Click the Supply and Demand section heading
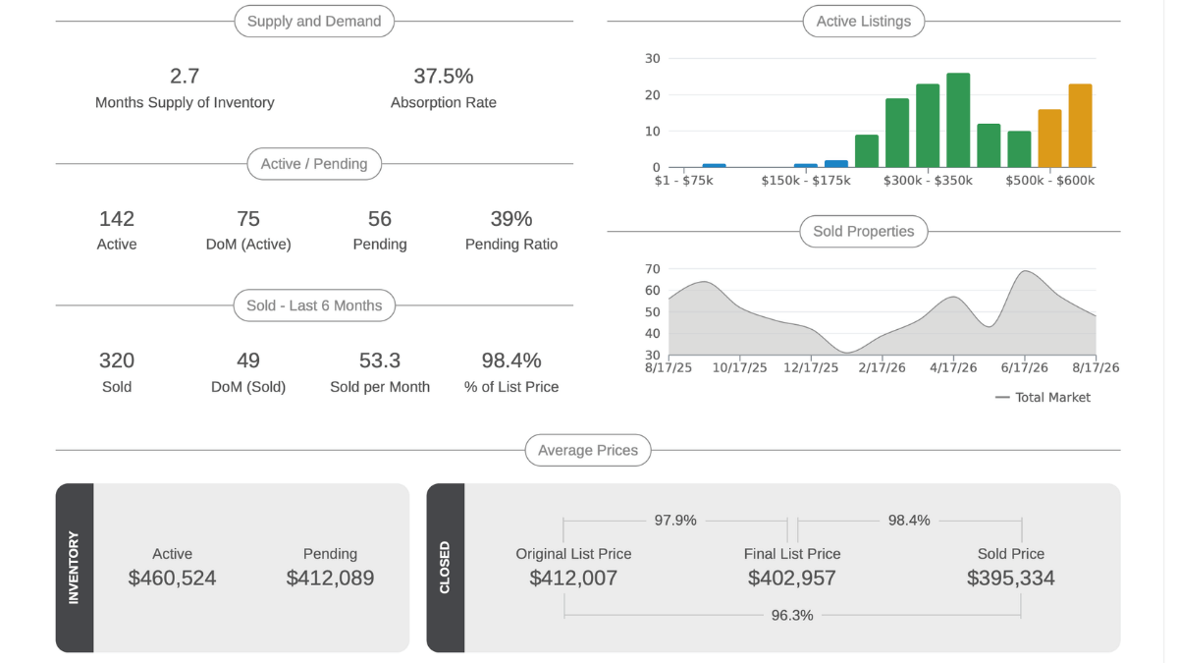pos(314,21)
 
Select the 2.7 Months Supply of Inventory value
pos(185,77)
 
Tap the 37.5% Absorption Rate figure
pos(444,77)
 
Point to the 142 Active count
pos(117,219)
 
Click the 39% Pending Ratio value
pos(511,219)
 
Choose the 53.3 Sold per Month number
pos(380,361)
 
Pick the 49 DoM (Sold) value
pos(248,361)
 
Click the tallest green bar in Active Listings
pos(958,121)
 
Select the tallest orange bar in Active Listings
pos(1080,126)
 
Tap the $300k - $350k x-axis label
pos(928,181)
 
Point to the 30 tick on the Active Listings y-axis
pos(652,58)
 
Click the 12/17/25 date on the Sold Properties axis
pos(811,367)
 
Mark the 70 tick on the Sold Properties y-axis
pos(652,269)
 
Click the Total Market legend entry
pos(1043,397)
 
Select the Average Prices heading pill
pos(588,451)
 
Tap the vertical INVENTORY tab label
pos(74,568)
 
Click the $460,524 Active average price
pos(172,579)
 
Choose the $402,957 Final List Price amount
pos(792,579)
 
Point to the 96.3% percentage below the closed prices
pos(792,615)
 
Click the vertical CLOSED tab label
pos(445,568)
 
